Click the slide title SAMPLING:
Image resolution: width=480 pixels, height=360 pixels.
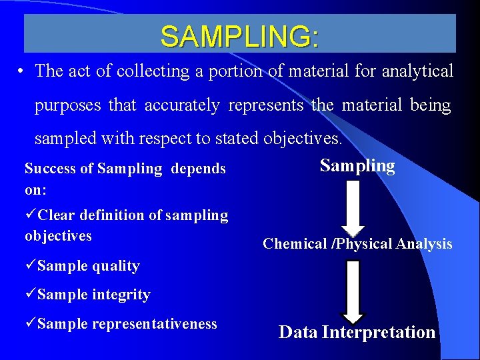(x=239, y=37)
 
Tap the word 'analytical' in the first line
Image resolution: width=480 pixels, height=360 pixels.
(x=417, y=71)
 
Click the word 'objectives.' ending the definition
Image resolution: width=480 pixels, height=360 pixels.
(x=304, y=139)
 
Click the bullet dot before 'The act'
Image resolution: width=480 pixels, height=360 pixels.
(x=23, y=71)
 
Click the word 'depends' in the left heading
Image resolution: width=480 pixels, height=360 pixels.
(x=198, y=169)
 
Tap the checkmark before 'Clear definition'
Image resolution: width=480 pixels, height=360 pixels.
(x=31, y=215)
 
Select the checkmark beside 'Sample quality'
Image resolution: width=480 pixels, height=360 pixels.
(x=31, y=266)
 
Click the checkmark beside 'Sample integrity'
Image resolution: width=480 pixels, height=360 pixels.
(x=31, y=295)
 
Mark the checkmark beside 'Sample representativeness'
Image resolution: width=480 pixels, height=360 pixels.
(x=31, y=324)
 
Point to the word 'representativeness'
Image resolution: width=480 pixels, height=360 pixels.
(x=155, y=324)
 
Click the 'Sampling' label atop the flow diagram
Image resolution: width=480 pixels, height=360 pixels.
(x=357, y=166)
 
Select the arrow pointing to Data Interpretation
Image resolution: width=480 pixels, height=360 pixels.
(x=353, y=291)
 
